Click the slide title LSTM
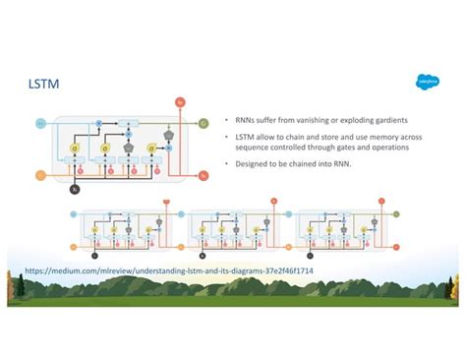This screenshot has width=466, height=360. click(x=45, y=86)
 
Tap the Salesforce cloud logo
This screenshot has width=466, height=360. click(x=426, y=83)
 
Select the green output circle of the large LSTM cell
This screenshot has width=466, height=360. click(x=204, y=123)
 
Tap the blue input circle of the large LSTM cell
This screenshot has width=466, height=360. click(x=40, y=123)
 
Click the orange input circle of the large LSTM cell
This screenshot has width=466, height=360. click(x=40, y=175)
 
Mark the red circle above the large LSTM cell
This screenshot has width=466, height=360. click(x=179, y=101)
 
